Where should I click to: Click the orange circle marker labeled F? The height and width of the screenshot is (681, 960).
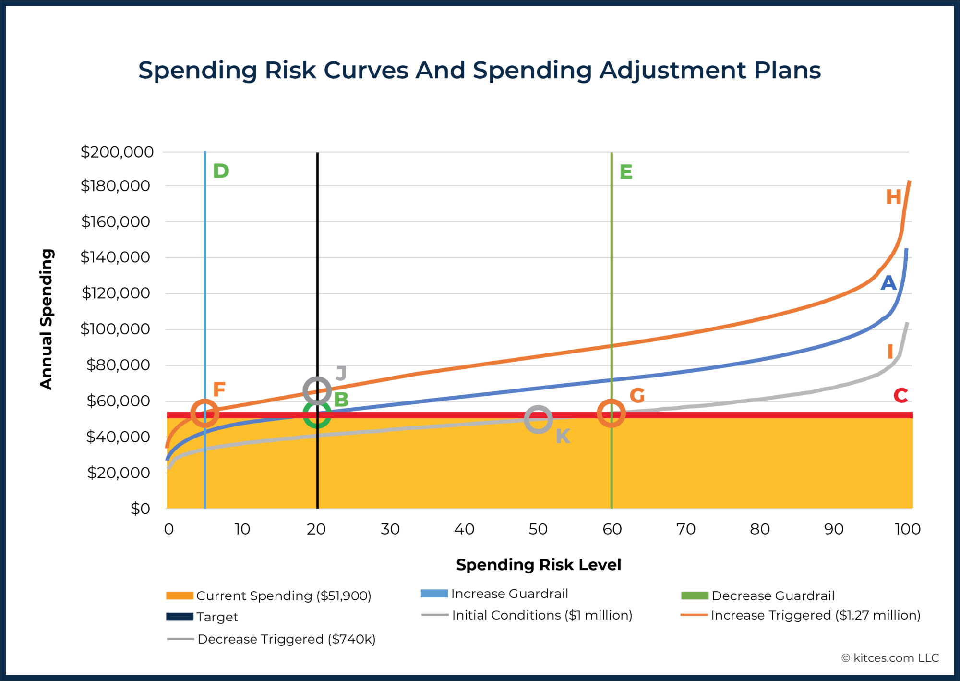point(205,413)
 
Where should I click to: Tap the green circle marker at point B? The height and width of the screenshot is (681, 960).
point(317,414)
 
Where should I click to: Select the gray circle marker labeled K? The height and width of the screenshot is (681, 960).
point(538,419)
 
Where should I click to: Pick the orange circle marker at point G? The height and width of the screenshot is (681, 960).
point(611,413)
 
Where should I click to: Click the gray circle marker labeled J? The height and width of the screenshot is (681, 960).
point(317,390)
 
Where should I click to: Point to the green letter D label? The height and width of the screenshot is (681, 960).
point(221,171)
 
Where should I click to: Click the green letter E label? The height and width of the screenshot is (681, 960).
point(626,172)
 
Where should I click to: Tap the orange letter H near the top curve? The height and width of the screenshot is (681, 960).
point(893,197)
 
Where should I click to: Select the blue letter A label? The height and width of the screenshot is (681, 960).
point(888,283)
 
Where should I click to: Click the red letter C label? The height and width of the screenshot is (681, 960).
point(900,395)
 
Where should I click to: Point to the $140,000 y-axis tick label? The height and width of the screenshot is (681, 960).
point(115,257)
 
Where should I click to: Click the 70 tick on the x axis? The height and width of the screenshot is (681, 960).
point(685,529)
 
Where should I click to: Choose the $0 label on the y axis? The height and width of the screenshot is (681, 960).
point(140,509)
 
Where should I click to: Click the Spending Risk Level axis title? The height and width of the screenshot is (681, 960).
point(538,565)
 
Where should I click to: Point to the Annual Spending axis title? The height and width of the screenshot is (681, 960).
point(46,319)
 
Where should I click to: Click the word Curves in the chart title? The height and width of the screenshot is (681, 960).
point(365,70)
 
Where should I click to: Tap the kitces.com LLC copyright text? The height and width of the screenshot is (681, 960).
point(890,658)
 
